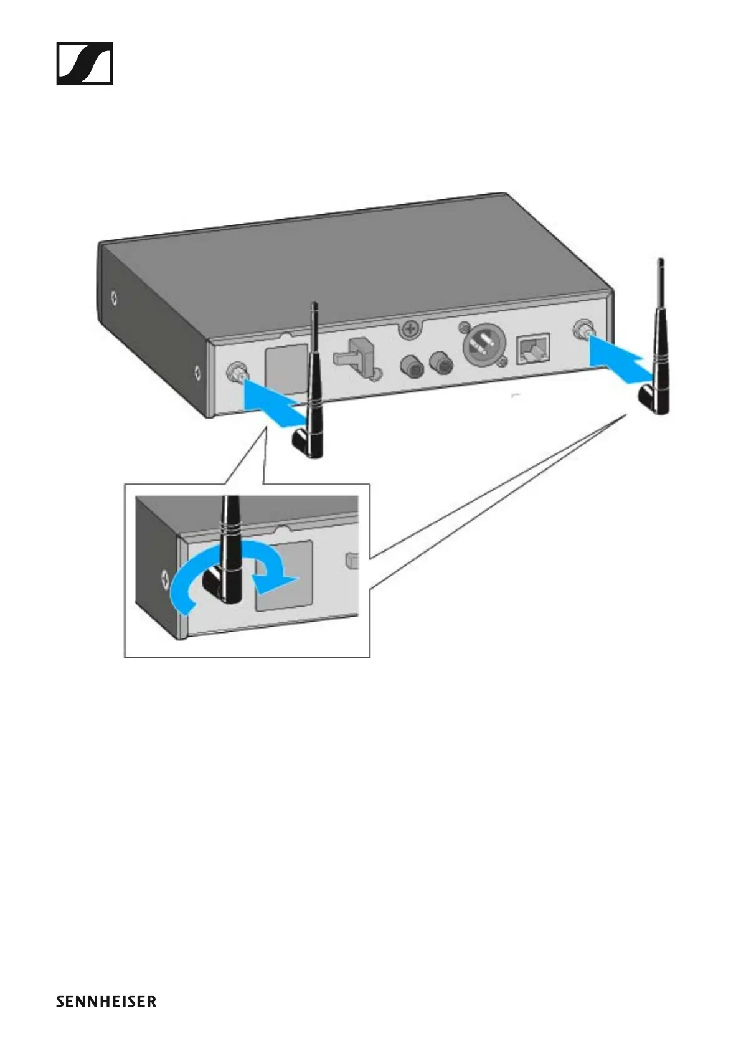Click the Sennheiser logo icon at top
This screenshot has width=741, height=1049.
(x=85, y=64)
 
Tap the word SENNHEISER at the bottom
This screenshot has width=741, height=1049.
(x=106, y=1001)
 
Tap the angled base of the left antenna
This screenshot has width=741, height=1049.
(x=306, y=444)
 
